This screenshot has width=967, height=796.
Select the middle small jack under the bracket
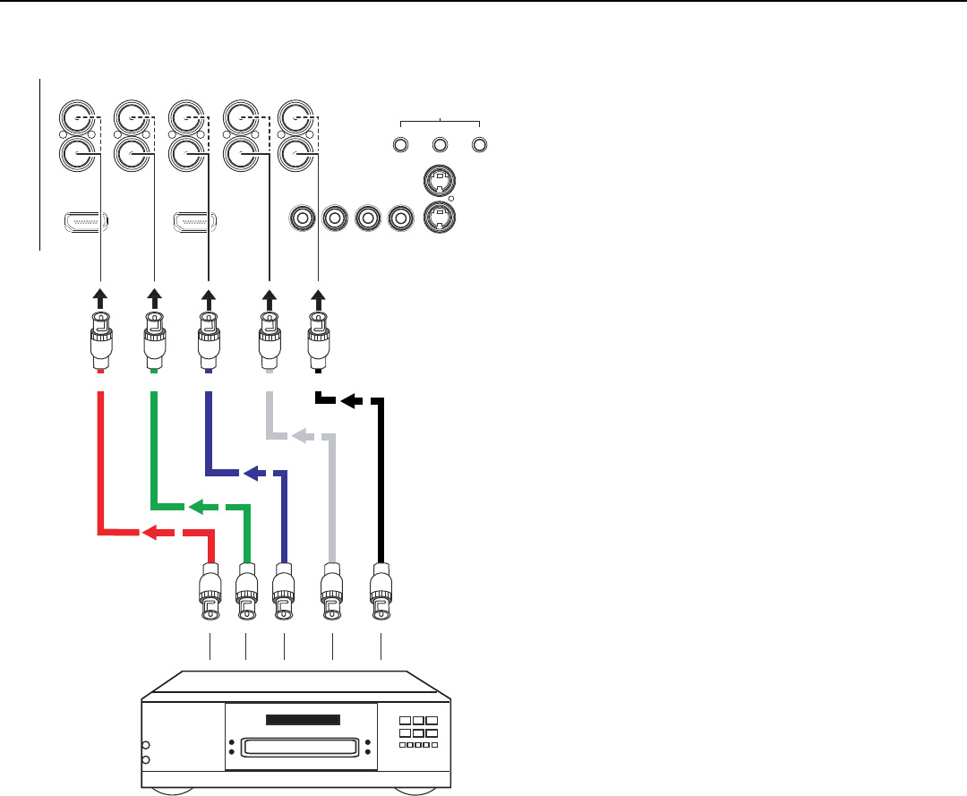(440, 143)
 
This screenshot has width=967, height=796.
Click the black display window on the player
(304, 721)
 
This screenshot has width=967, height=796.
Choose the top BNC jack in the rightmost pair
(294, 117)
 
